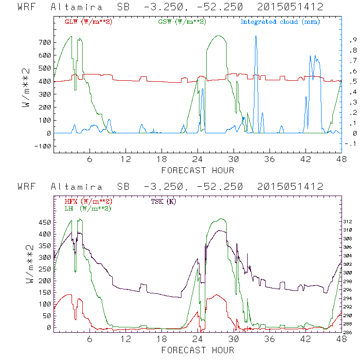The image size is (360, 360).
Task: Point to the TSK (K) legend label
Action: [x=164, y=201]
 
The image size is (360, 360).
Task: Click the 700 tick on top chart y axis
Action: [x=44, y=42]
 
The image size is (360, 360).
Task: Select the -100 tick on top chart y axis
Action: [x=42, y=146]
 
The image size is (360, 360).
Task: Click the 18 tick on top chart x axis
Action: [x=162, y=159]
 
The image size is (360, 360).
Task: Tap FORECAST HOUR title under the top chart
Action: [x=197, y=170]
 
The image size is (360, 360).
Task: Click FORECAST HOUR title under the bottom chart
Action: [x=197, y=350]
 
